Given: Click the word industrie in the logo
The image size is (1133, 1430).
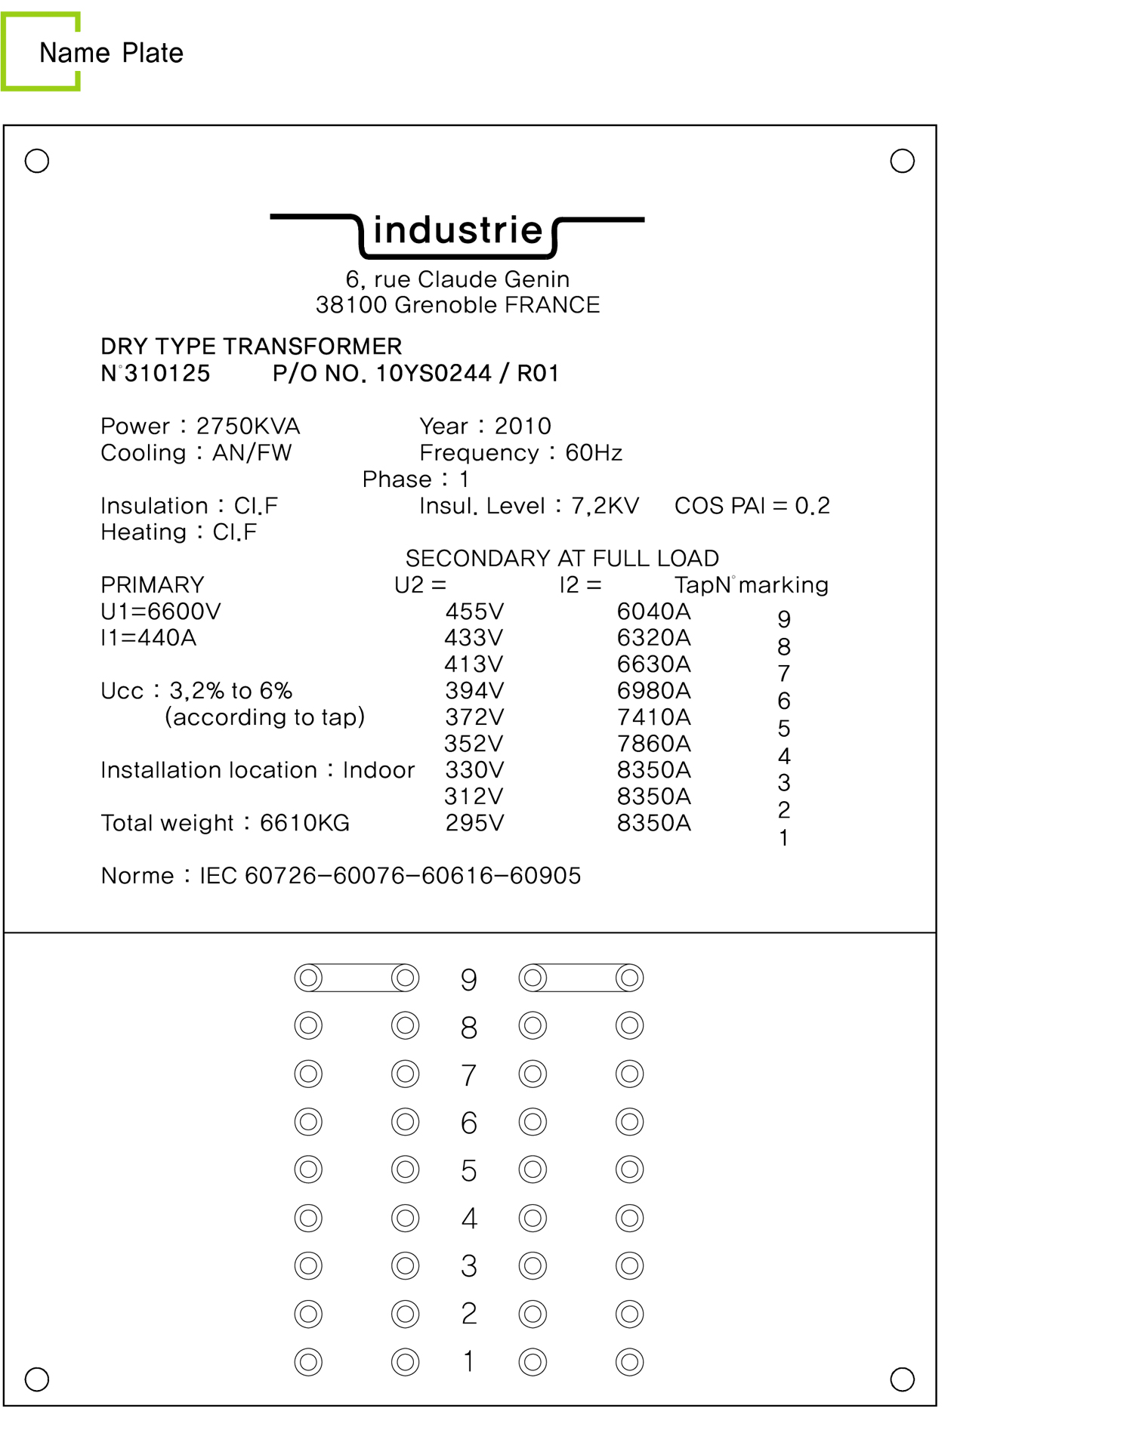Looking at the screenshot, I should click(x=458, y=230).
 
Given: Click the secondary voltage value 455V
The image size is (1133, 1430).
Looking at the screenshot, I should click(x=474, y=611).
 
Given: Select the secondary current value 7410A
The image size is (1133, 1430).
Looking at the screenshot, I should click(x=653, y=717).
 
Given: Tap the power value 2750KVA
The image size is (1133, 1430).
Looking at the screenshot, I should click(x=248, y=426).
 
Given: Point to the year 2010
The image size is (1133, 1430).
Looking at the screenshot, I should click(x=523, y=426).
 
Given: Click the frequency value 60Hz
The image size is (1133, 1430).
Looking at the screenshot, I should click(x=594, y=452).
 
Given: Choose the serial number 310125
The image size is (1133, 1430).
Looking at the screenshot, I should click(x=167, y=373).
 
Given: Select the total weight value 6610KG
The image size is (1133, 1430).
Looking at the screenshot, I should click(x=304, y=822).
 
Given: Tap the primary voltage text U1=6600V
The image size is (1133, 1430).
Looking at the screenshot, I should click(x=161, y=611).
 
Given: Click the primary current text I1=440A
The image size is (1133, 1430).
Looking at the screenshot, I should click(x=149, y=637).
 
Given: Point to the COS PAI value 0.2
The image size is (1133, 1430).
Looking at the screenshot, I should click(x=812, y=505).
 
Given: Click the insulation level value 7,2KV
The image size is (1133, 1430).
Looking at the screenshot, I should click(x=605, y=505).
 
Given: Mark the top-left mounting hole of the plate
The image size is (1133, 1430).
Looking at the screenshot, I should click(x=37, y=161).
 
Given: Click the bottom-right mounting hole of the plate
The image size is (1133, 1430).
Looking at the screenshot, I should click(x=902, y=1379).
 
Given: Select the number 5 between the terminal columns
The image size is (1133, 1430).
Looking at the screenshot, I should click(x=469, y=1170).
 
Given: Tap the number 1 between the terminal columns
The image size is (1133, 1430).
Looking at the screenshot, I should click(x=469, y=1361).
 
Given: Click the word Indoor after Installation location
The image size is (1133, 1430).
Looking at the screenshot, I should click(x=378, y=769).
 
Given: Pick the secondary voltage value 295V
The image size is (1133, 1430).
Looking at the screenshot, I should click(x=474, y=822).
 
